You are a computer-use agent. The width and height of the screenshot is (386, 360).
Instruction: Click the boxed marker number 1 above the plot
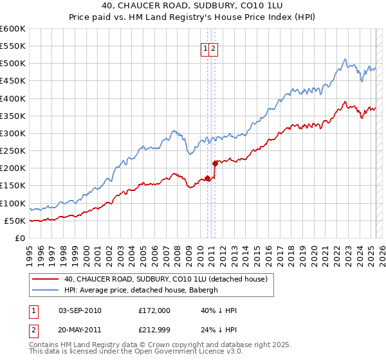205,48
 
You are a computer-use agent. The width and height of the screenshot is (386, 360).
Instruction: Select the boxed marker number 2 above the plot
214,48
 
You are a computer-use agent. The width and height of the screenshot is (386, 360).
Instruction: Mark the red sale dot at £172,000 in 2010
207,178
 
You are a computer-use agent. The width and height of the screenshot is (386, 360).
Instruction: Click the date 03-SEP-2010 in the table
80,310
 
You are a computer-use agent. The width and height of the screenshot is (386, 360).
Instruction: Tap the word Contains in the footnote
44,345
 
